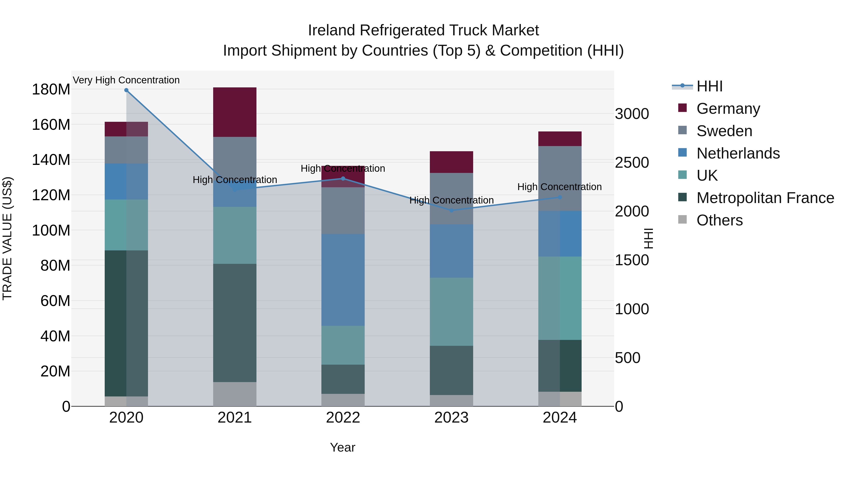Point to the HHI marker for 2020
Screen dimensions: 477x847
(x=126, y=90)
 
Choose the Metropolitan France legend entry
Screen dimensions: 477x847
(x=765, y=198)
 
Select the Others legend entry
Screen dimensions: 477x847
(x=719, y=220)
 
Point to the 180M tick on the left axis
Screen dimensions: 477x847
(x=51, y=90)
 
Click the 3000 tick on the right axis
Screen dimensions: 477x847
(x=632, y=114)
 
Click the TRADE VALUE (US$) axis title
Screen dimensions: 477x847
(x=7, y=238)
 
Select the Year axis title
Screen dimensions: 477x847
(x=342, y=447)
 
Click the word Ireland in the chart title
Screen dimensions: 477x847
(x=332, y=30)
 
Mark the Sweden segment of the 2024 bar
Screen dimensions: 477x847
(x=560, y=178)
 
